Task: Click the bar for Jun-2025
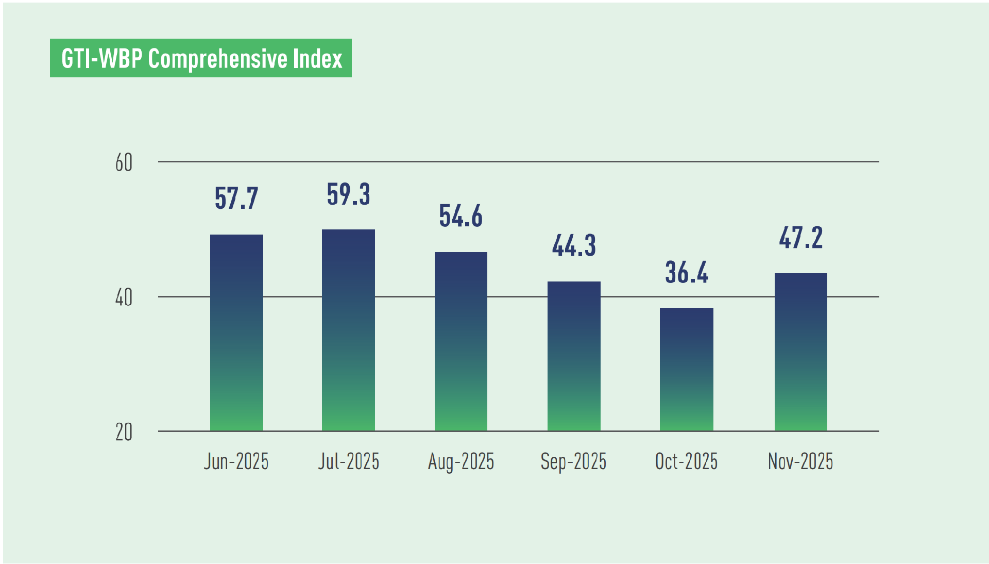(x=236, y=333)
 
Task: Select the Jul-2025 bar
(x=348, y=330)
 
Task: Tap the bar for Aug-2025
(x=461, y=341)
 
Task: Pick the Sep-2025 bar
(x=574, y=356)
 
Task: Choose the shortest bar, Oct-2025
(x=687, y=369)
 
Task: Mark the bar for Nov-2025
(x=801, y=352)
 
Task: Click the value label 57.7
(x=236, y=198)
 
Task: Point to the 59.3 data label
(x=348, y=194)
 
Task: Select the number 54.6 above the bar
(x=461, y=216)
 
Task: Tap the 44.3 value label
(x=574, y=245)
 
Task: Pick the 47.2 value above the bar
(x=801, y=238)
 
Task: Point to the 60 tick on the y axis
(x=124, y=163)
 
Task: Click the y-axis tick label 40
(x=124, y=298)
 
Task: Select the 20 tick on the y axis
(x=124, y=433)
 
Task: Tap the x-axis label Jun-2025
(x=236, y=461)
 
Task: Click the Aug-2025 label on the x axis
(x=461, y=461)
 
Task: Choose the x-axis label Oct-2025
(x=687, y=461)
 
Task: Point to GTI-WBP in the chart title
(x=101, y=58)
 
